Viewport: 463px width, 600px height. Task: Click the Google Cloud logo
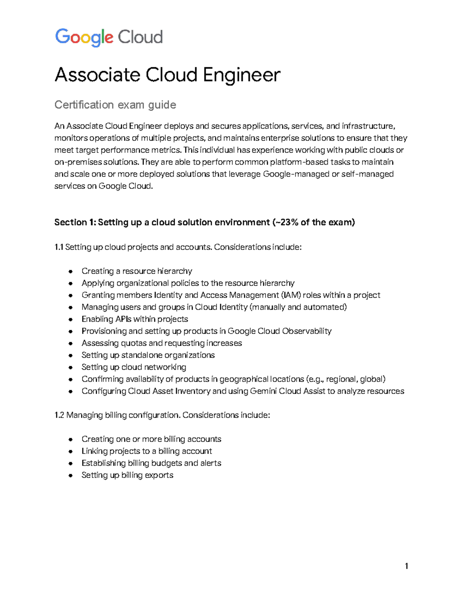click(109, 37)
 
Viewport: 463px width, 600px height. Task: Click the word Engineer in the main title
click(242, 75)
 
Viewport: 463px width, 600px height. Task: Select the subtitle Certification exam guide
click(115, 105)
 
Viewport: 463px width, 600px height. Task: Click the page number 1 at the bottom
click(406, 566)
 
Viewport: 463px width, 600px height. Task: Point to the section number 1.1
click(59, 247)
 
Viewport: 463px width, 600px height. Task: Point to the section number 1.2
click(59, 415)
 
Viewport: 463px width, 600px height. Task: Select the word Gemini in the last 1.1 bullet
click(263, 391)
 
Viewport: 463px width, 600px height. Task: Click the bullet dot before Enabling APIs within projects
click(71, 320)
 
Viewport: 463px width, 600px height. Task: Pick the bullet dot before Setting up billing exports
click(71, 476)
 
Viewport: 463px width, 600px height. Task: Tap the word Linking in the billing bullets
click(94, 451)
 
